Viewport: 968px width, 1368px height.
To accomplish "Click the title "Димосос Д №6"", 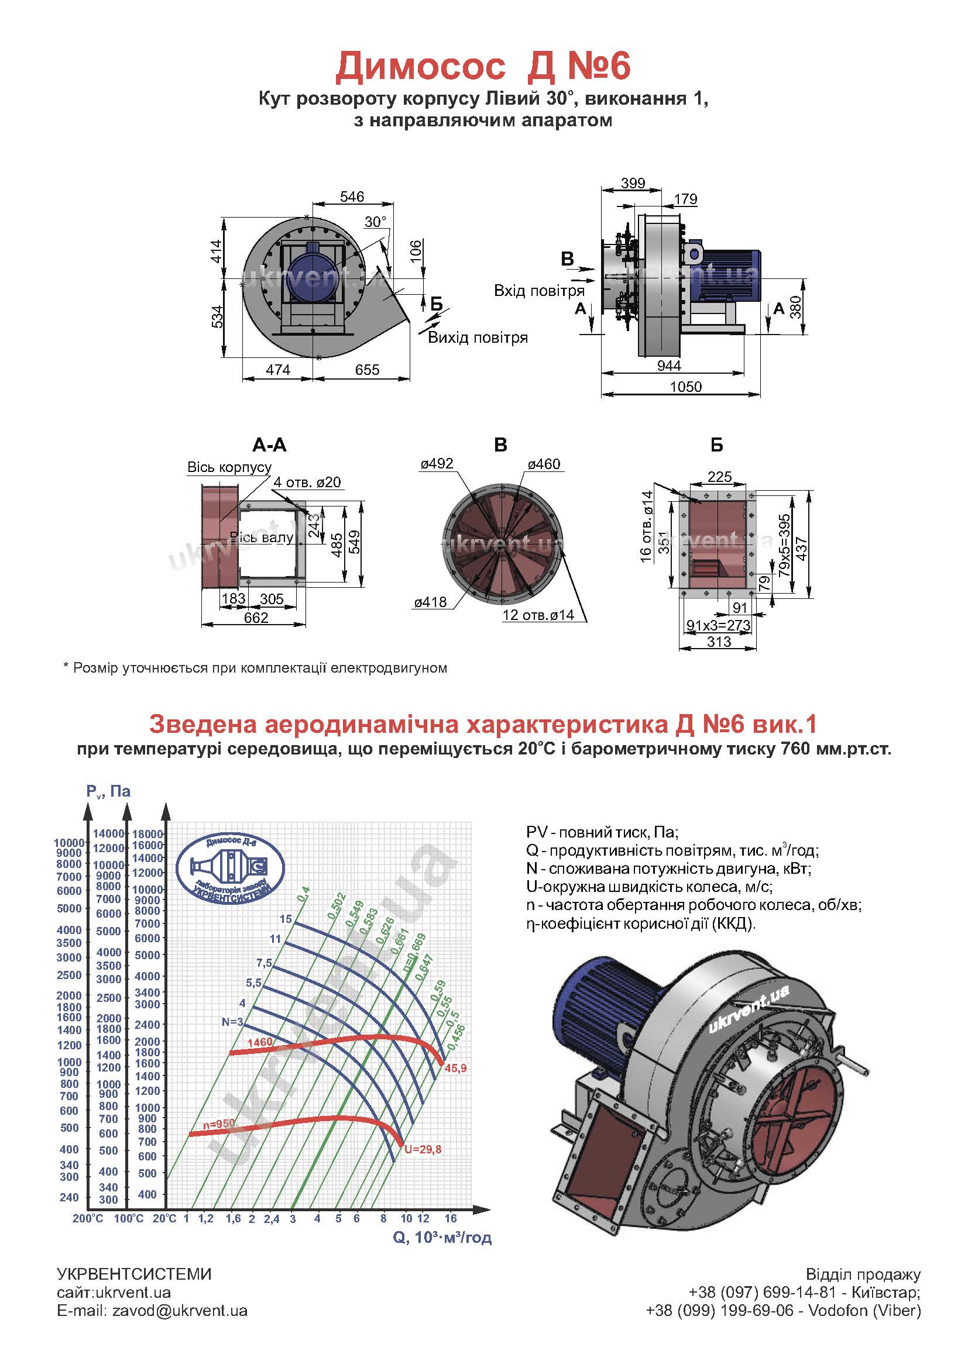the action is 483,67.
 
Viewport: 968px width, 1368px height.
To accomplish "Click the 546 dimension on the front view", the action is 352,197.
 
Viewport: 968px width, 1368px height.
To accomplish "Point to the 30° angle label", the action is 376,222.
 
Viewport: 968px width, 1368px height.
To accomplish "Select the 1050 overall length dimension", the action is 685,386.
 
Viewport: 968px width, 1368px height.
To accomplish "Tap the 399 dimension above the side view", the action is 633,183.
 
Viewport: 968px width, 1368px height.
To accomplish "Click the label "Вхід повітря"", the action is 539,291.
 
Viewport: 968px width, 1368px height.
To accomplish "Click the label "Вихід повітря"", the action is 478,337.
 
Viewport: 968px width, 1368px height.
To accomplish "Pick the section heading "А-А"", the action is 269,445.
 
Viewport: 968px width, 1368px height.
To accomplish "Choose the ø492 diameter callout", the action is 437,464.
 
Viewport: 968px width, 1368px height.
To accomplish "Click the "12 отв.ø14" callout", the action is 538,615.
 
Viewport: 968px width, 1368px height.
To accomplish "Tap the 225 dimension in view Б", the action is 719,477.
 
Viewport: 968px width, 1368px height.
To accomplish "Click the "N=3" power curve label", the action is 232,1022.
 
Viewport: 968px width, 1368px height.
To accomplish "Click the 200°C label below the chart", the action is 88,1219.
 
